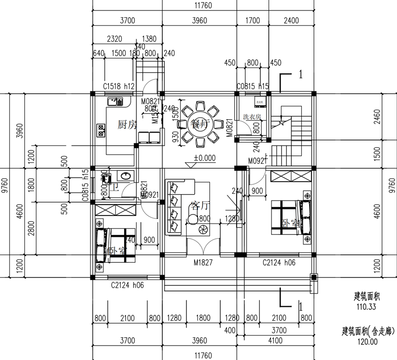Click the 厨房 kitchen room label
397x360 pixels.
(127, 125)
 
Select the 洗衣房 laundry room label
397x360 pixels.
(253, 117)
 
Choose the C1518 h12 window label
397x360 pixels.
(119, 86)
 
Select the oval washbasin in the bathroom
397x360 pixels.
(126, 175)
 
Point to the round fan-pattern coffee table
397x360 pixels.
(203, 230)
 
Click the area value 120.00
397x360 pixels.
(367, 342)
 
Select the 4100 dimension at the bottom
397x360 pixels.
(275, 341)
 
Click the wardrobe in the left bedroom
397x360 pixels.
(116, 210)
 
